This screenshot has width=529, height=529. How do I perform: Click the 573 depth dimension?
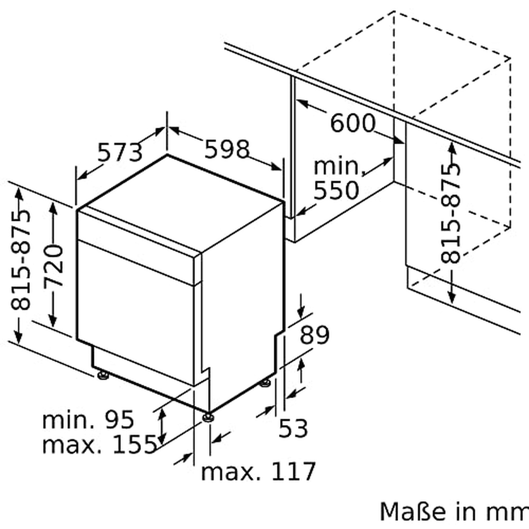pyautogui.click(x=120, y=152)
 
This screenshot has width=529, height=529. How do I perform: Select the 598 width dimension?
pyautogui.click(x=227, y=149)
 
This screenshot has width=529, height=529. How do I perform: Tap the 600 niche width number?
pyautogui.click(x=353, y=123)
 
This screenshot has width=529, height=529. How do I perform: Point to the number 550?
pyautogui.click(x=336, y=190)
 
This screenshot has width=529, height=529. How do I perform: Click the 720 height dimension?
pyautogui.click(x=54, y=266)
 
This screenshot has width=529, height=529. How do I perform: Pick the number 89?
pyautogui.click(x=314, y=335)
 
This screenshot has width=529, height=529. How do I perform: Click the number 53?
pyautogui.click(x=293, y=428)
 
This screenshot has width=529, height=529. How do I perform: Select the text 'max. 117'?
pyautogui.click(x=258, y=471)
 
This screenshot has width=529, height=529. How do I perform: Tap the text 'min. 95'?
pyautogui.click(x=88, y=420)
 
